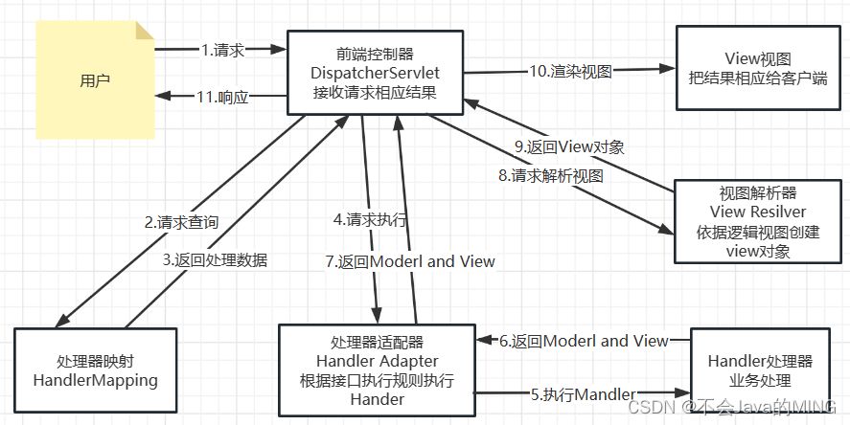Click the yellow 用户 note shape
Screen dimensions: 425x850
pyautogui.click(x=95, y=80)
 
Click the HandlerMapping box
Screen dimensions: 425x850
pyautogui.click(x=94, y=370)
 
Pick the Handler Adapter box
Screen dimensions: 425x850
pyautogui.click(x=377, y=370)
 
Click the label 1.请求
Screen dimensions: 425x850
pyautogui.click(x=222, y=48)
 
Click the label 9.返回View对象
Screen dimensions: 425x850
pyautogui.click(x=569, y=146)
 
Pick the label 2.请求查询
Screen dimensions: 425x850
pyautogui.click(x=181, y=222)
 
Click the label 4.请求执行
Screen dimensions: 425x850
pyautogui.click(x=370, y=219)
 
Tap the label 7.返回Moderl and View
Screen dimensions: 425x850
pyautogui.click(x=410, y=261)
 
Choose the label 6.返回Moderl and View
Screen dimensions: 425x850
pyautogui.click(x=584, y=341)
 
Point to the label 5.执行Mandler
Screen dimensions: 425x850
pyautogui.click(x=583, y=393)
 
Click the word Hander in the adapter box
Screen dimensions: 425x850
pyautogui.click(x=377, y=398)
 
